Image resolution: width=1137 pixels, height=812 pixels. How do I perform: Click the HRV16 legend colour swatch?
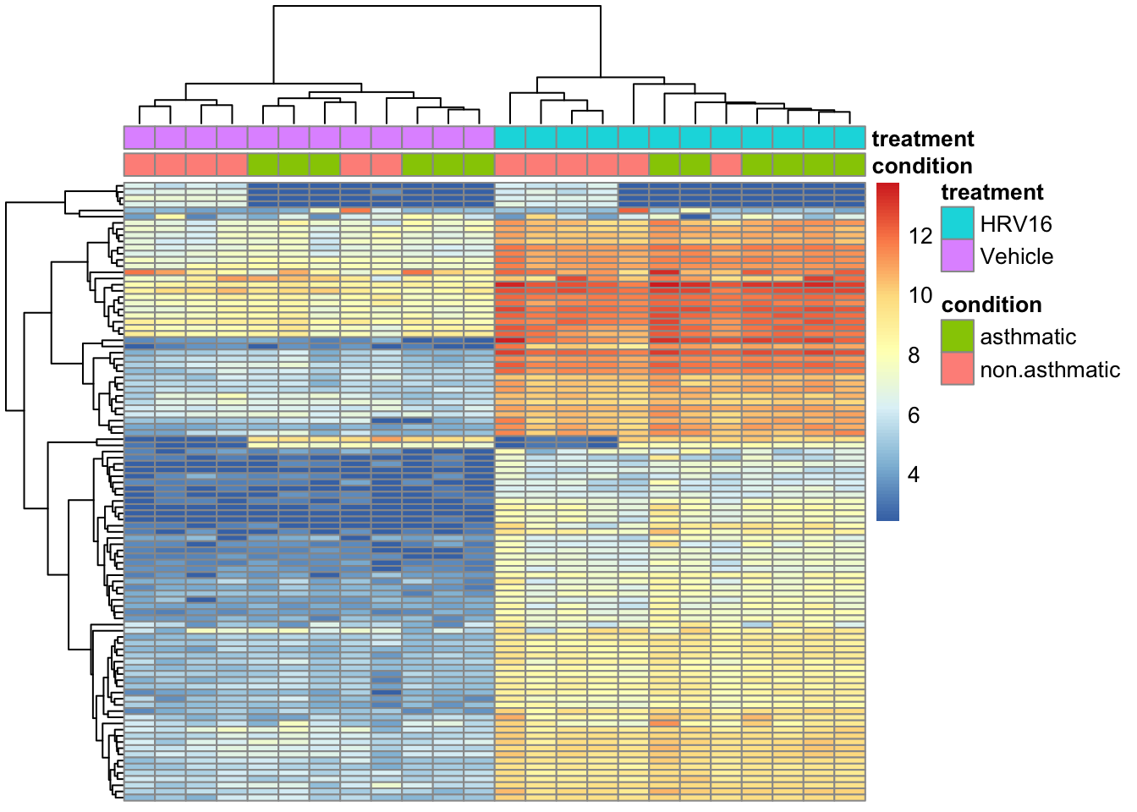point(958,222)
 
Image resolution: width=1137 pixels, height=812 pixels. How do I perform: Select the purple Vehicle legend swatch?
point(958,255)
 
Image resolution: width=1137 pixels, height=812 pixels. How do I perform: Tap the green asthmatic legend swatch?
point(958,336)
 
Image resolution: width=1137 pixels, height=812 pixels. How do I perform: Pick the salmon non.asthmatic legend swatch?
point(958,369)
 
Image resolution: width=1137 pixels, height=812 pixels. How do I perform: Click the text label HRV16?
point(1016,224)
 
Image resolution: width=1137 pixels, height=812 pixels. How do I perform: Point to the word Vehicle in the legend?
point(1017,256)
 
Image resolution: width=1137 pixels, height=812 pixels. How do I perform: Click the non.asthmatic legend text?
point(1050,370)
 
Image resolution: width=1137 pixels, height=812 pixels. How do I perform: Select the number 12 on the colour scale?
point(920,236)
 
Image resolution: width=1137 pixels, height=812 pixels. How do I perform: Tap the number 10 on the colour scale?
point(920,295)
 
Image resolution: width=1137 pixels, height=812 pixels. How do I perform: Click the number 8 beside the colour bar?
point(914,355)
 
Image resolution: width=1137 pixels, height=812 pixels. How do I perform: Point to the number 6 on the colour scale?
point(914,415)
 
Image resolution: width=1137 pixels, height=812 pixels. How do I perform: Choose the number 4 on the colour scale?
point(914,475)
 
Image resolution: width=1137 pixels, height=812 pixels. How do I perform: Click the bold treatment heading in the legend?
point(992,192)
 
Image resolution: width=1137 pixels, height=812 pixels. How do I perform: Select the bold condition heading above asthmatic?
point(991,304)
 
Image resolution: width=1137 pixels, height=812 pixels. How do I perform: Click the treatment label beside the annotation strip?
point(923,139)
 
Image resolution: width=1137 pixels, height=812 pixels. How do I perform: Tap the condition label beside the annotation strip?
point(922,166)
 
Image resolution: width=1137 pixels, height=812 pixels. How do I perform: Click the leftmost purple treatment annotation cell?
point(140,138)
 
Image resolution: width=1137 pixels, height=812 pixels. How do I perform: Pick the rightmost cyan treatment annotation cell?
point(849,138)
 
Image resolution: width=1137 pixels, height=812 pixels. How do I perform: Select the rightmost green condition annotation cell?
point(849,165)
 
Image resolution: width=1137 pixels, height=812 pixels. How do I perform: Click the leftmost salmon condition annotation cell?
point(140,165)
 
